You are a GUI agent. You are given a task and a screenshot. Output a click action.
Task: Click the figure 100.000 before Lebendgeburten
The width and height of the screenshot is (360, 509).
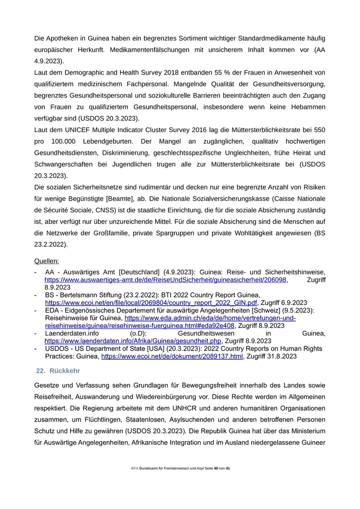73,140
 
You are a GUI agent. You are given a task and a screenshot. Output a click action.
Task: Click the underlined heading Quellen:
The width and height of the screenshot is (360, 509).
46,261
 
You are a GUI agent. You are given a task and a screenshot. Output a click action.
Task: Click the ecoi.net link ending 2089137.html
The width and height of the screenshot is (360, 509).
172,356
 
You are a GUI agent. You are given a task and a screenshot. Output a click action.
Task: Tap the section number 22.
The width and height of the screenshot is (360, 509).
41,371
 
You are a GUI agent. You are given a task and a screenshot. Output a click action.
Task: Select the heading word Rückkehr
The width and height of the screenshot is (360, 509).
65,371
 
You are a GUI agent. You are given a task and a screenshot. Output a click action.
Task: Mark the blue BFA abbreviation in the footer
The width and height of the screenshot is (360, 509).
135,468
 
